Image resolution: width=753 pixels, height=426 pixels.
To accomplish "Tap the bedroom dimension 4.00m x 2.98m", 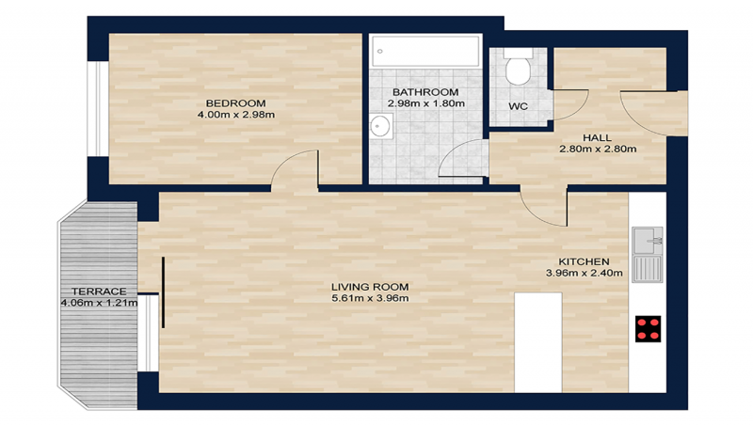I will [x=236, y=115].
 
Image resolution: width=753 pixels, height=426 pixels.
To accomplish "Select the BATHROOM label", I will [x=425, y=92].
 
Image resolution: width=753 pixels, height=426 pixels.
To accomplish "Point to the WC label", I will [x=518, y=106].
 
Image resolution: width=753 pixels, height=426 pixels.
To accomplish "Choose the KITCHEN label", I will [x=585, y=261].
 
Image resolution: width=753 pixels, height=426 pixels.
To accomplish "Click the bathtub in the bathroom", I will [x=426, y=51].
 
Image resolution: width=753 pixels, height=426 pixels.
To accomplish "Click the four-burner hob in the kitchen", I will [x=648, y=327].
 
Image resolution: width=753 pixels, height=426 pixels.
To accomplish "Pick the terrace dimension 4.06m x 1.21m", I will [x=99, y=303].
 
